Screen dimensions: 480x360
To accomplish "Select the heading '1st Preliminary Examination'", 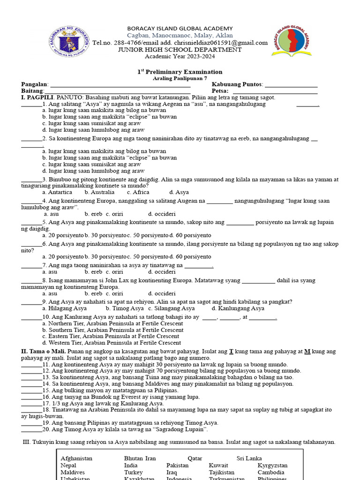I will click(x=180, y=72).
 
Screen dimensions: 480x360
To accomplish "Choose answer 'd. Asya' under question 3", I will click(x=179, y=192).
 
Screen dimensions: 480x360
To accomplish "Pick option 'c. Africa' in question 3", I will click(x=138, y=192).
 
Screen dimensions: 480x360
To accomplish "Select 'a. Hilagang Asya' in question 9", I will click(x=64, y=308).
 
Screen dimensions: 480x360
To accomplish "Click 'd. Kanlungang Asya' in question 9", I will click(x=238, y=308).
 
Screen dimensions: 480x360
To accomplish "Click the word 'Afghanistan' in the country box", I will click(x=76, y=458).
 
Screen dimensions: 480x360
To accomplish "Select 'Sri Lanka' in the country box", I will click(x=249, y=458).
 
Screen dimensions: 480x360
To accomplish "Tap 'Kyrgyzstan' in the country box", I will click(x=273, y=465).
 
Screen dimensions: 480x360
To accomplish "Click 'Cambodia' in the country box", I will click(x=271, y=472).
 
